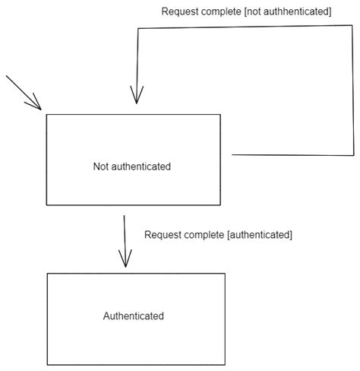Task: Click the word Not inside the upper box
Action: (x=101, y=166)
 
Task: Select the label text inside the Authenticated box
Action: (x=134, y=316)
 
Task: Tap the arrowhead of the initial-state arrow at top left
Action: (x=38, y=106)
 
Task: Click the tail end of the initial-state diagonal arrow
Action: (x=7, y=77)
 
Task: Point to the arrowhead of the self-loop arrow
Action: (x=136, y=97)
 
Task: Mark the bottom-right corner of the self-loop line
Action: (x=354, y=154)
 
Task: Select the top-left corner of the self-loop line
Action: (x=138, y=29)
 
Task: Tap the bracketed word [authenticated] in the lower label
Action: (x=259, y=235)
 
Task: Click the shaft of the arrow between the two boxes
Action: (x=125, y=236)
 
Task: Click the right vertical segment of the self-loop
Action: (x=354, y=91)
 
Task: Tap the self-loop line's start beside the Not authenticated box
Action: (x=234, y=154)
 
